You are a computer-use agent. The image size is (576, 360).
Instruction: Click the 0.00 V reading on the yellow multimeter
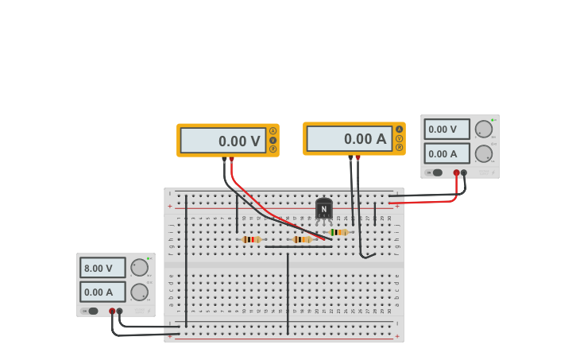[223, 141]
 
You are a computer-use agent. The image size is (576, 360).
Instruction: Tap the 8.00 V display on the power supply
[102, 268]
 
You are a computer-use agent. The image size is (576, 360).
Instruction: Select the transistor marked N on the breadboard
[323, 209]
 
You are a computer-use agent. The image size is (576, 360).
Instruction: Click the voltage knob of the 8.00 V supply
[139, 267]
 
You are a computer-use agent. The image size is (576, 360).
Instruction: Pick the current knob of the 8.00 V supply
[139, 292]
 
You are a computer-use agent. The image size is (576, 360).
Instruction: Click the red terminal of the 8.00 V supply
[112, 312]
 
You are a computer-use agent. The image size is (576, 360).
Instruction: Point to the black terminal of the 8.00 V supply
[120, 312]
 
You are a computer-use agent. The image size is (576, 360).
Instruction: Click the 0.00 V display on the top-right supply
[446, 129]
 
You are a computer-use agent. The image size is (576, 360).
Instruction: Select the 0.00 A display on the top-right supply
[446, 153]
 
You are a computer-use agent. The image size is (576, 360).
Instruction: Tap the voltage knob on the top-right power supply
[483, 129]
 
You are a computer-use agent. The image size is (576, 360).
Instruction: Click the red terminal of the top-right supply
[457, 172]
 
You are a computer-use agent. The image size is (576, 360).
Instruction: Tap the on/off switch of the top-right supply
[435, 172]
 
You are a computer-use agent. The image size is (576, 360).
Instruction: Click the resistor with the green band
[338, 232]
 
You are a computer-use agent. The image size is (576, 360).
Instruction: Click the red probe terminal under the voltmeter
[231, 160]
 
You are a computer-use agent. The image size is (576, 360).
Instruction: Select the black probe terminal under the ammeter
[350, 158]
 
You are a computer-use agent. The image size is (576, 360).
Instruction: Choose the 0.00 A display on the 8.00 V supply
[102, 292]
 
